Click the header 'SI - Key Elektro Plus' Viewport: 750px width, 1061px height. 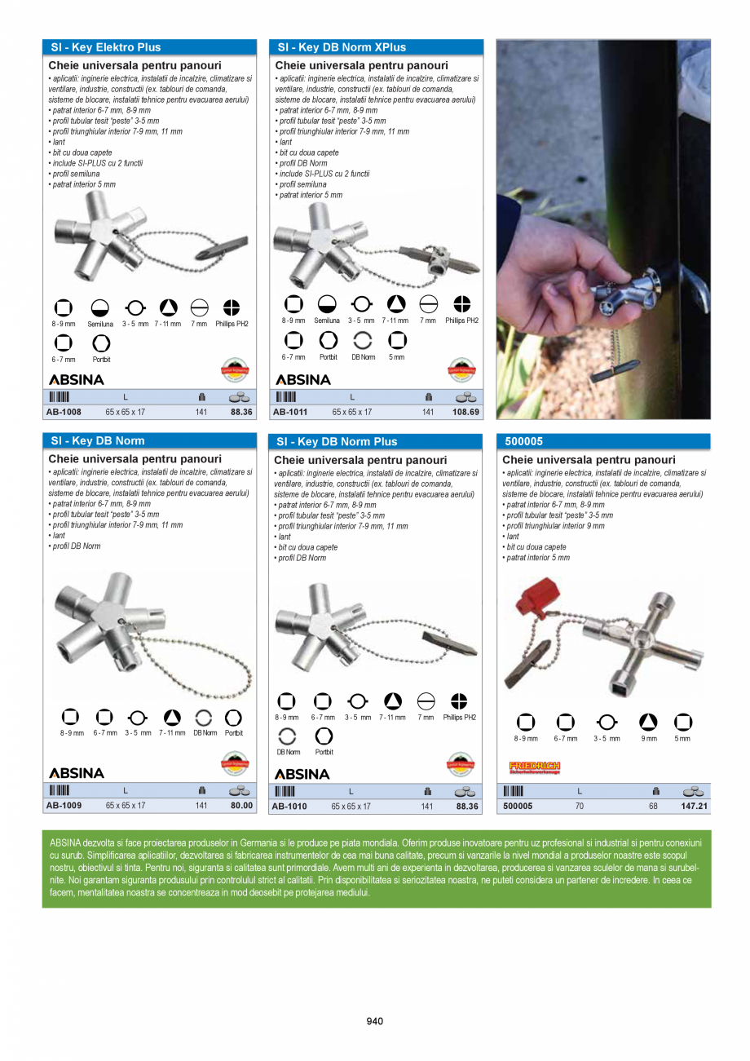click(x=106, y=47)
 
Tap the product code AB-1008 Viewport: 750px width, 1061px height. click(x=64, y=413)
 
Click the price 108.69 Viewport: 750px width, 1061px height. click(x=464, y=413)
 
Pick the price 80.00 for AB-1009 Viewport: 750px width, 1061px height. click(x=241, y=806)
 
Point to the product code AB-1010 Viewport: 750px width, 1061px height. click(x=289, y=807)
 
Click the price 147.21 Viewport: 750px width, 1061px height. click(x=694, y=807)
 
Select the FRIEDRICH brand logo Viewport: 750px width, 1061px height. click(x=534, y=767)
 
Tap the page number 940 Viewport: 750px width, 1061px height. click(x=374, y=1021)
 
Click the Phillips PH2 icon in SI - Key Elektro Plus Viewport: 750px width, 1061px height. click(x=232, y=307)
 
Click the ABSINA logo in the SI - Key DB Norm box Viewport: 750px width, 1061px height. click(x=77, y=772)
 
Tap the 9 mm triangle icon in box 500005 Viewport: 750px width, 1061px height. click(x=647, y=722)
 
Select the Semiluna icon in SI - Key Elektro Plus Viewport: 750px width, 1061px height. click(x=99, y=307)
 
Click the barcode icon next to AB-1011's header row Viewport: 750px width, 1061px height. click(x=286, y=397)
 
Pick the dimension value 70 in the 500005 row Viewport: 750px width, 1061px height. click(x=579, y=807)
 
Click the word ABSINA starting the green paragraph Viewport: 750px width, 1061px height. click(x=65, y=842)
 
